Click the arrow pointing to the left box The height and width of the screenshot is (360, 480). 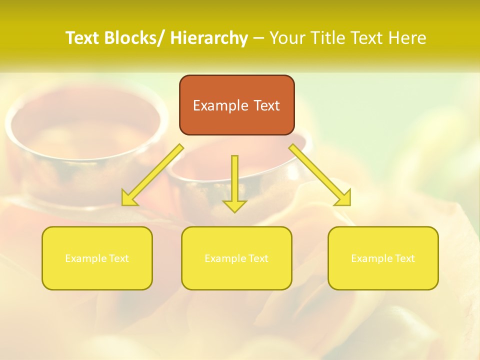pyautogui.click(x=152, y=175)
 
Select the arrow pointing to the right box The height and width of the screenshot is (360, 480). pyautogui.click(x=320, y=175)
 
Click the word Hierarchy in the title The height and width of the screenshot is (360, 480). pyautogui.click(x=209, y=38)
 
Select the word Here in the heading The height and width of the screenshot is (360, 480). pyautogui.click(x=408, y=38)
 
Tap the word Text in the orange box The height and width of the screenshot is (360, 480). pyautogui.click(x=266, y=105)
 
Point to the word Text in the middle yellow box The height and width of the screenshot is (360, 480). pyautogui.click(x=257, y=258)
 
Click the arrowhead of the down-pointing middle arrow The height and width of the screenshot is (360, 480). pyautogui.click(x=234, y=205)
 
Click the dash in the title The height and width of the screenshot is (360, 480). pyautogui.click(x=258, y=38)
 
